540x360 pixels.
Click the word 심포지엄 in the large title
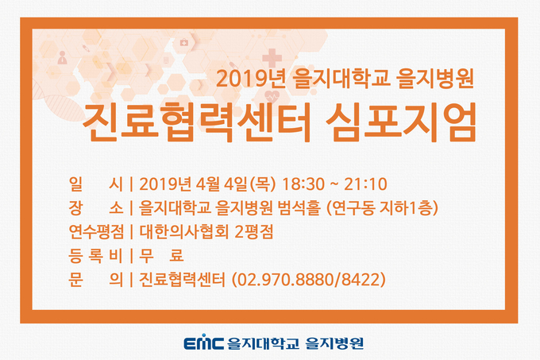click(401, 122)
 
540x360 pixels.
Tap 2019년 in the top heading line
click(251, 79)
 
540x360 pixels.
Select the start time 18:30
click(303, 184)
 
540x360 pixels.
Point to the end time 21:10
click(365, 184)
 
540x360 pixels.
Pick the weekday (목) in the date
click(263, 184)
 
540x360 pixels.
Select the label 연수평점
click(96, 232)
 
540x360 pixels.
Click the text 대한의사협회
click(184, 232)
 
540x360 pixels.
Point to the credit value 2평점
click(254, 232)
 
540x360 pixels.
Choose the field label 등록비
click(96, 256)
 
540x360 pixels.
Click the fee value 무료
click(161, 256)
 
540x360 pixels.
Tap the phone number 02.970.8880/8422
click(309, 280)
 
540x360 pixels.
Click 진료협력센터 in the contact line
click(182, 280)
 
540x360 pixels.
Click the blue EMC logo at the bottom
click(203, 342)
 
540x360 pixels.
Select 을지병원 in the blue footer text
click(334, 343)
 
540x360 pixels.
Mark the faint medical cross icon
click(272, 58)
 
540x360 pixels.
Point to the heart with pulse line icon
click(272, 96)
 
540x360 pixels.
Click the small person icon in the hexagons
click(62, 57)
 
